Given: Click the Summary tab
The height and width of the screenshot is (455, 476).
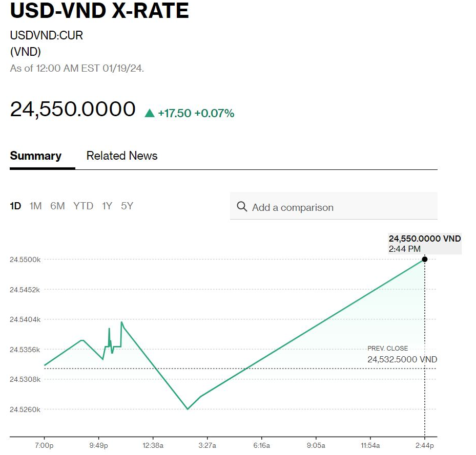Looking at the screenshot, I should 35,156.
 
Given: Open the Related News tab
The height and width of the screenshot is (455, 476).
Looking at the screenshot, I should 122,156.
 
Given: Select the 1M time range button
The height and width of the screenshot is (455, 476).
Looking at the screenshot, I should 35,206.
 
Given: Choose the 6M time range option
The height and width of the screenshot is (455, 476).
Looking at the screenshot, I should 57,206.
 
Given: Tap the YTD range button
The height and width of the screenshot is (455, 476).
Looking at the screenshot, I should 83,206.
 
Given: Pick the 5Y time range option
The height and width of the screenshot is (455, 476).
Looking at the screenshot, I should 127,206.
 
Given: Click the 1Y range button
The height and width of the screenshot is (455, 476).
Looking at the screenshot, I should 107,206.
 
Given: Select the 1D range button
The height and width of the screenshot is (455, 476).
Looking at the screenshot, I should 15,206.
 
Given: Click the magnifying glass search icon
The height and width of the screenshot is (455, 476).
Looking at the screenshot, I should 242,207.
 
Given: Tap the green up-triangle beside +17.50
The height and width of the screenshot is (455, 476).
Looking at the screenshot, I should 150,113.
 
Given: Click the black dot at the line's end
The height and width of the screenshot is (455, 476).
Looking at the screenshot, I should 424,259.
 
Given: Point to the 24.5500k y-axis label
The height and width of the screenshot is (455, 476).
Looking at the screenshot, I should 25,259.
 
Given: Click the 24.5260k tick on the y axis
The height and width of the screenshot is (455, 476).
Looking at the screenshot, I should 25,409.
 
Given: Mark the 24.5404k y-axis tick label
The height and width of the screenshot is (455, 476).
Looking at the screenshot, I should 25,319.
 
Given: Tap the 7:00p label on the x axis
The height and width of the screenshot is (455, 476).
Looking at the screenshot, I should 45,445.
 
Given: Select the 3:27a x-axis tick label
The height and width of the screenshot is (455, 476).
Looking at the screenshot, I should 207,445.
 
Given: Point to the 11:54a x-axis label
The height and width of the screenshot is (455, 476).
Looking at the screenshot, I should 370,445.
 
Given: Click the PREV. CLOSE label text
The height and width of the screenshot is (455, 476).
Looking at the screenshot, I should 388,349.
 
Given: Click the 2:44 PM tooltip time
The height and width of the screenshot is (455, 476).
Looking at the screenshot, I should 405,249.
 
